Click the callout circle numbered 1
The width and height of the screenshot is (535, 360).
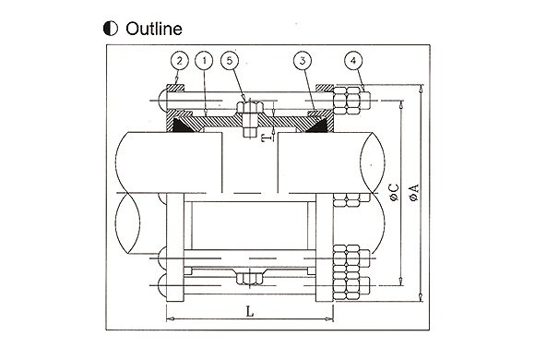pos(204,61)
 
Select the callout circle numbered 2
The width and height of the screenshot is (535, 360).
pos(179,61)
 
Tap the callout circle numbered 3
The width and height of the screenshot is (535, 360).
pos(303,61)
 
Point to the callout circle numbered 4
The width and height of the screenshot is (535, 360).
pos(353,61)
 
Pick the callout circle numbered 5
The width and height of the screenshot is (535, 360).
pos(230,61)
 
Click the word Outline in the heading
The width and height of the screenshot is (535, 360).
pos(154,29)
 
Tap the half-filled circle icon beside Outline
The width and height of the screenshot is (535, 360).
pos(111,29)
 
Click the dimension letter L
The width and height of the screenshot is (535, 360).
pos(250,311)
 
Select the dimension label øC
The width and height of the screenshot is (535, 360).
pos(394,192)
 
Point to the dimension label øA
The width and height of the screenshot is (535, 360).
pos(414,192)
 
